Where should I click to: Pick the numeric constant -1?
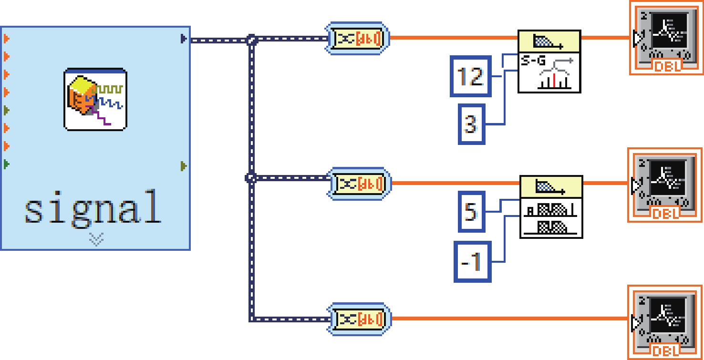point(472,261)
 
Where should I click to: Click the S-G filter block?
point(549,62)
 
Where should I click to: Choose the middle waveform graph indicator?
point(665,185)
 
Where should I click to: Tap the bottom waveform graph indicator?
point(665,322)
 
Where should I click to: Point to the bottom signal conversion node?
point(359,319)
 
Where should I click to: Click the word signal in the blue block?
point(93,207)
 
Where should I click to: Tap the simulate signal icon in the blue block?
point(95,99)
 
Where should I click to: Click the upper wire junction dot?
point(252,40)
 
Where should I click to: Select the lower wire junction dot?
point(251,178)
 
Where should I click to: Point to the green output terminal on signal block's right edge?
point(184,166)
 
